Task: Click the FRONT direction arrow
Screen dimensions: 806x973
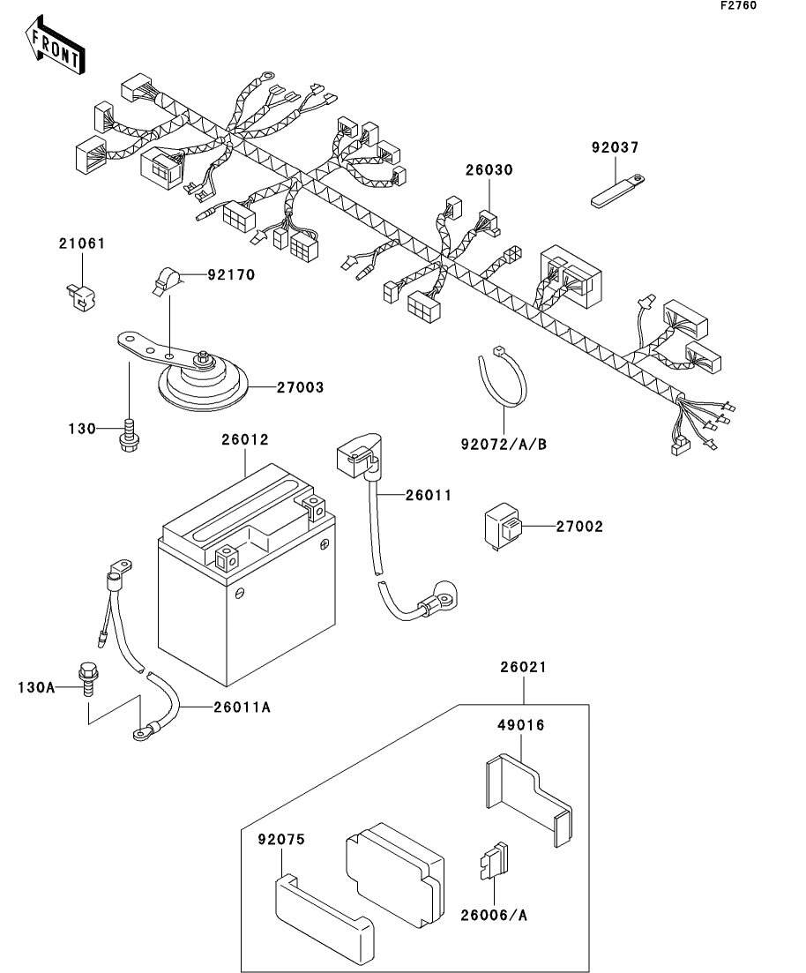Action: (x=56, y=45)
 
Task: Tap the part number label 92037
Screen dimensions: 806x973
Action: (x=615, y=147)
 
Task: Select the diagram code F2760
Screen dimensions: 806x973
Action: (x=738, y=5)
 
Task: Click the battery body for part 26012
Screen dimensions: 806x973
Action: (x=246, y=573)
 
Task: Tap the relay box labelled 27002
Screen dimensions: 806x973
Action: (x=504, y=528)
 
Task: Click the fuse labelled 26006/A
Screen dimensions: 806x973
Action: (x=493, y=861)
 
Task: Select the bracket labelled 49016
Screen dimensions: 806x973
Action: (x=528, y=799)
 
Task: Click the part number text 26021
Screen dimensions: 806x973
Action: (x=523, y=667)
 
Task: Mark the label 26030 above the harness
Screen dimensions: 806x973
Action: (x=489, y=170)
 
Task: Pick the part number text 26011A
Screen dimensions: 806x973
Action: (x=242, y=707)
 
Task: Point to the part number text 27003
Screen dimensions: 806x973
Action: (x=301, y=387)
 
